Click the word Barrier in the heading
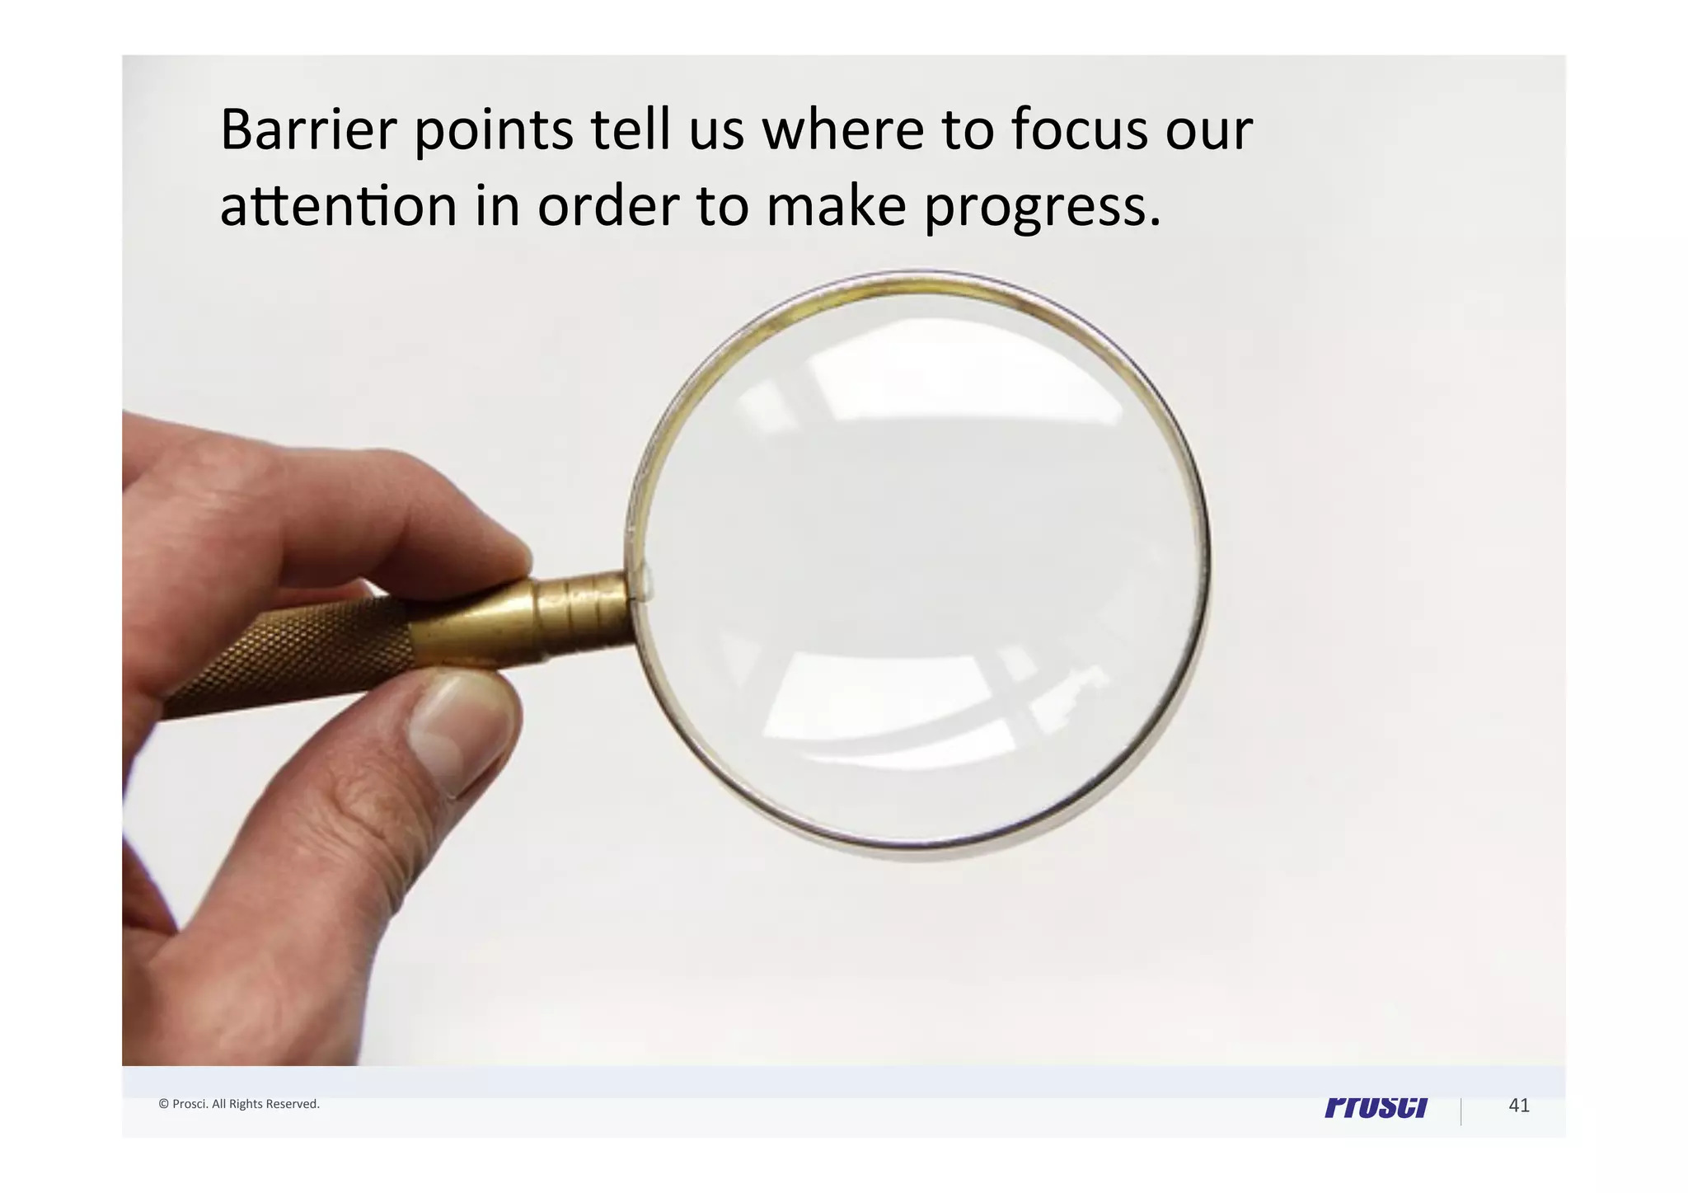tap(308, 129)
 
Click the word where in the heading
tap(842, 129)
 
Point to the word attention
tap(338, 206)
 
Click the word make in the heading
tap(836, 206)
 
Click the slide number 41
tap(1518, 1106)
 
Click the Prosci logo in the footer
tap(1376, 1107)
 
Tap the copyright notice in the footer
tap(239, 1104)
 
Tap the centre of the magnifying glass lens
tap(919, 566)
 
